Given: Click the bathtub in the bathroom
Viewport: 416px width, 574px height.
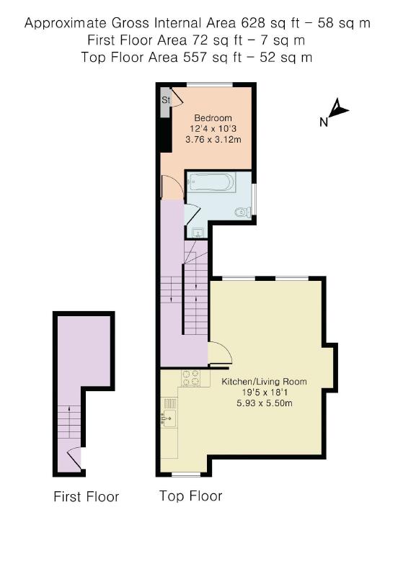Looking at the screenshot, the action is point(210,182).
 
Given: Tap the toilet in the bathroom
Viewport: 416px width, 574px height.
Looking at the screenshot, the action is point(243,212).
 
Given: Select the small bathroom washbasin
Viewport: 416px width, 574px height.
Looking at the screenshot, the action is point(198,233).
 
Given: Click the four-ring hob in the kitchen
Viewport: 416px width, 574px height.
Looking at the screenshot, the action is point(191,378).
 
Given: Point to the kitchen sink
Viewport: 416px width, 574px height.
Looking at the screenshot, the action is point(169,418).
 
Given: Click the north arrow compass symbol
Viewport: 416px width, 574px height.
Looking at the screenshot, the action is point(339,108).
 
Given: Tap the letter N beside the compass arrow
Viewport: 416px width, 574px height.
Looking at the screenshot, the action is point(323,122).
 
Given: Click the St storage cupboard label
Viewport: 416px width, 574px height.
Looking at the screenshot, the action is point(166,99).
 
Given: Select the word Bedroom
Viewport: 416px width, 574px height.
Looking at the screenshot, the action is point(213,118).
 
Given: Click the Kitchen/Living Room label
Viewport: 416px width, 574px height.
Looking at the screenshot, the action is point(264,382).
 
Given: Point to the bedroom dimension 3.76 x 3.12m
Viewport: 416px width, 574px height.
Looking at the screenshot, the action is point(213,139).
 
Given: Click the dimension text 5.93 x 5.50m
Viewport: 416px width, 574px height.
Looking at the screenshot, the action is point(265,403).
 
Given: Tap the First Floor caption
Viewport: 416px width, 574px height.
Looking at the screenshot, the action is point(86,497).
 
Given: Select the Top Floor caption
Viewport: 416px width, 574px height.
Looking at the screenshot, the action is point(190,496).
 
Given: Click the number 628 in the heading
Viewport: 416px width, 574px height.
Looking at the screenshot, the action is point(252,23).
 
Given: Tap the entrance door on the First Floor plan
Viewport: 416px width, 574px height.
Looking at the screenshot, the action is point(75,457).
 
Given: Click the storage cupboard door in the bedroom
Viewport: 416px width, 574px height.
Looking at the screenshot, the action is point(177,97).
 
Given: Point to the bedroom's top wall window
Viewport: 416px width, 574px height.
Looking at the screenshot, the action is point(210,85).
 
